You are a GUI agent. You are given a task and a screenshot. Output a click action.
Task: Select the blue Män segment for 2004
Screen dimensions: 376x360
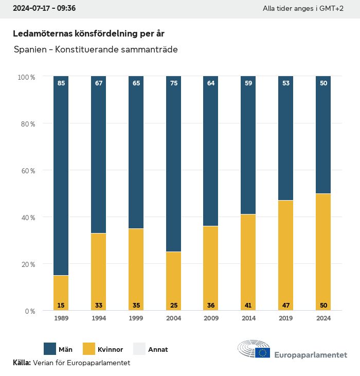coord(173,165)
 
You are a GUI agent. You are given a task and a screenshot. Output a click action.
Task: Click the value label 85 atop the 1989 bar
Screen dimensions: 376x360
coord(61,82)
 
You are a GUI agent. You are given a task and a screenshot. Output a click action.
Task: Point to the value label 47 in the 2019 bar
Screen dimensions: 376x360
coord(286,306)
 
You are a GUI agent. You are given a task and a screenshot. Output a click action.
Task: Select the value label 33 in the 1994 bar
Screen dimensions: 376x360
coord(98,306)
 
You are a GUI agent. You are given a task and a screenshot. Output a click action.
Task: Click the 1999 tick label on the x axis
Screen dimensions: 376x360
coord(136,318)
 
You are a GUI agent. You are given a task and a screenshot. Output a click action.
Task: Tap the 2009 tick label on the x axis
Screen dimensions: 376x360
coord(211,318)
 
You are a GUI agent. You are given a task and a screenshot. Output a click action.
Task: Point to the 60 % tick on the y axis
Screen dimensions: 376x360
coord(26,170)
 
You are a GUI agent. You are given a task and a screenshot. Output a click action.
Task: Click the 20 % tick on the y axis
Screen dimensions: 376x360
coord(26,264)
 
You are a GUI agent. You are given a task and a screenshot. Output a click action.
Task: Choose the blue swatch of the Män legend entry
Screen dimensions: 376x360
coord(50,349)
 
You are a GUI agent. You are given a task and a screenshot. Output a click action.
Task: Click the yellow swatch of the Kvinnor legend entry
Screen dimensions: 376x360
coord(88,349)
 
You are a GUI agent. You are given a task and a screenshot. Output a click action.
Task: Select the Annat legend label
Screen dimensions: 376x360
coord(158,350)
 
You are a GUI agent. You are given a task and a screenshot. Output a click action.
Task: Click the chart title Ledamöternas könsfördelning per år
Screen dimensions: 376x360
coord(88,33)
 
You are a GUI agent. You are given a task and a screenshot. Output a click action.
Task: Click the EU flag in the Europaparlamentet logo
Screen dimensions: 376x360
coord(263,352)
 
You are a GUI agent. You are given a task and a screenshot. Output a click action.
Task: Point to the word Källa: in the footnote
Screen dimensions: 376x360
coord(22,363)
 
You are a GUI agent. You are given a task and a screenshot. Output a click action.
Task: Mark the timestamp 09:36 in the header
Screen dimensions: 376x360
coord(66,9)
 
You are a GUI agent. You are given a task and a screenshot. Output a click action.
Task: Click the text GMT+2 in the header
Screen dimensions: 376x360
coord(332,9)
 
